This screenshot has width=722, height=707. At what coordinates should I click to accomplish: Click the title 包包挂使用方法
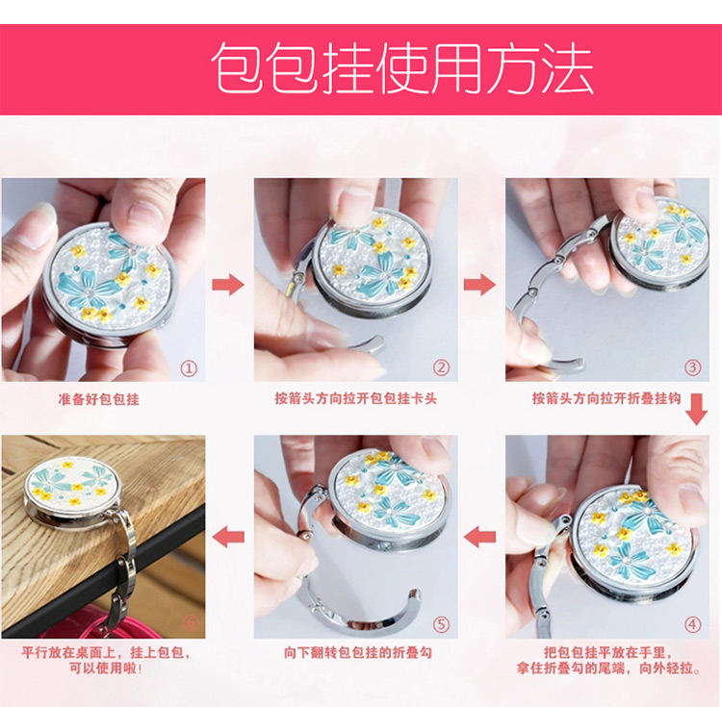(x=402, y=69)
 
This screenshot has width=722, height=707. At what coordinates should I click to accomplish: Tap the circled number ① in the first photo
(x=189, y=368)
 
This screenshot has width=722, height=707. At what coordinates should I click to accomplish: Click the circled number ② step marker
(x=441, y=367)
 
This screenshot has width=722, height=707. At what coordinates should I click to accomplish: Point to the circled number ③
(x=692, y=367)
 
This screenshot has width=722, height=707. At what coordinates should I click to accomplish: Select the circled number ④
(x=692, y=624)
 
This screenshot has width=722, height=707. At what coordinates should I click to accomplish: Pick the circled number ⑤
(x=441, y=624)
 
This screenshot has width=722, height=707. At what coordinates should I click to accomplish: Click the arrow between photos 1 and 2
(x=228, y=285)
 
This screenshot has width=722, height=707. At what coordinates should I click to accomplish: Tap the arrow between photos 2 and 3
(x=479, y=285)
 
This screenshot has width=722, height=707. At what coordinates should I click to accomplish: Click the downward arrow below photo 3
(x=696, y=410)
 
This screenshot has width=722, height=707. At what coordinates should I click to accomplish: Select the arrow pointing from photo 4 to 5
(x=479, y=537)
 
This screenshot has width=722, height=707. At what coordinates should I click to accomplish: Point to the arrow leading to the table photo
(x=228, y=537)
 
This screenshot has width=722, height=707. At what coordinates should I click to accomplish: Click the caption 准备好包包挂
(x=98, y=399)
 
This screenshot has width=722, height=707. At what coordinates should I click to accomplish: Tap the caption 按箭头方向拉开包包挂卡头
(x=355, y=398)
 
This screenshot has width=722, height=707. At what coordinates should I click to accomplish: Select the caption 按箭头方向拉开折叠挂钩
(x=606, y=398)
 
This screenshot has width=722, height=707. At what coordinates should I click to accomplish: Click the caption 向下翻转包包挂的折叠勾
(x=358, y=652)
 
